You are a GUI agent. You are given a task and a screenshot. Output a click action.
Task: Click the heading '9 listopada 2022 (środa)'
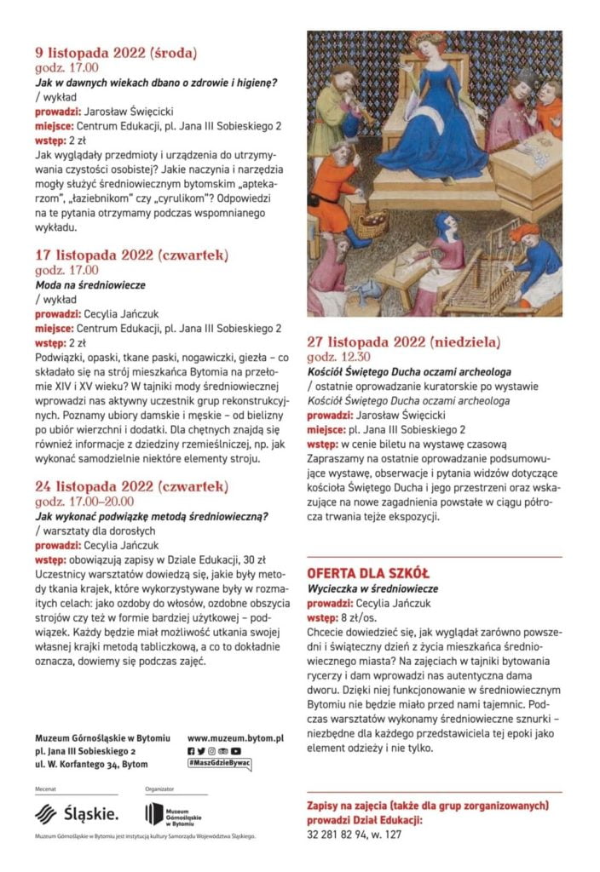click(116, 53)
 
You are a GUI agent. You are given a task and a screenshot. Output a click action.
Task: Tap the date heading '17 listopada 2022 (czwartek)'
click(131, 255)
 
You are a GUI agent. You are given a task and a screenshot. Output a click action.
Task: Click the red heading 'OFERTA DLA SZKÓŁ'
click(368, 573)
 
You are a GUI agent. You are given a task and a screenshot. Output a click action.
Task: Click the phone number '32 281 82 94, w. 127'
click(354, 835)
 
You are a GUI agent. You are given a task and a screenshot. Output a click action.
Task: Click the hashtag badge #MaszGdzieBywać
click(219, 764)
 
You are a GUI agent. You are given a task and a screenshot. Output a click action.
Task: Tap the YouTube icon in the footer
click(236, 751)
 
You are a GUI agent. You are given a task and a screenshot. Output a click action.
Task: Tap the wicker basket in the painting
click(372, 225)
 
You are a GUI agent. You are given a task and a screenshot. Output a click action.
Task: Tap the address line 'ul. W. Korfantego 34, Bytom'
click(91, 766)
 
